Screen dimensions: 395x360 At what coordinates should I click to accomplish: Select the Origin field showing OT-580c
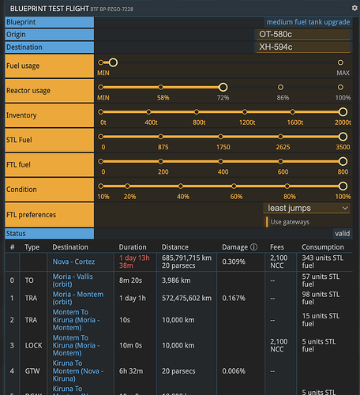[x=303, y=35]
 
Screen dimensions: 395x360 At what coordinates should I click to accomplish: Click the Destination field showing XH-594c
[x=303, y=47]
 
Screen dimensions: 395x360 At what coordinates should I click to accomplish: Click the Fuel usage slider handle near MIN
[x=112, y=62]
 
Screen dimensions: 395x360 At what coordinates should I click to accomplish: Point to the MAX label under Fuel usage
[x=343, y=73]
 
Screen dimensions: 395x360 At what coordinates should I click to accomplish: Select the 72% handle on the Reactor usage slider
[x=223, y=87]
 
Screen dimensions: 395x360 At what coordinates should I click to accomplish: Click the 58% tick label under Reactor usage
[x=163, y=97]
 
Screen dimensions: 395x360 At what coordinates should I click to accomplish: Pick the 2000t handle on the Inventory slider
[x=343, y=111]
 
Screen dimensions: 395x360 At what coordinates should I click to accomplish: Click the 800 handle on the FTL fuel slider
[x=343, y=161]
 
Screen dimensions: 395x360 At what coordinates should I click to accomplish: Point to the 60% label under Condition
[x=236, y=196]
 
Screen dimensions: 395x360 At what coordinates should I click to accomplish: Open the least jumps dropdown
[x=307, y=208]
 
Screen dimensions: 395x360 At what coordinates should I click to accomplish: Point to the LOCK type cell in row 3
[x=33, y=345]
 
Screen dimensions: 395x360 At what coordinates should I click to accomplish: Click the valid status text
[x=342, y=234]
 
